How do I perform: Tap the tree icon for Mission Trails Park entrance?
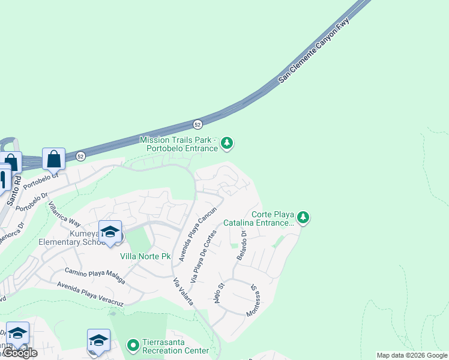227,143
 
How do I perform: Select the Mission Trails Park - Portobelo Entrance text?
178,144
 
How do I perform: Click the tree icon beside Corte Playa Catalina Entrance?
304,217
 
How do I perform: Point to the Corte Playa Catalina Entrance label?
258,218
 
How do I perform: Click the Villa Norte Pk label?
146,256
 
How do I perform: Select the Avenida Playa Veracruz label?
89,294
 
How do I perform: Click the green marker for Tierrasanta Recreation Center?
133,345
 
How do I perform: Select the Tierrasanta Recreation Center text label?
176,346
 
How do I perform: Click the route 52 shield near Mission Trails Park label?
197,124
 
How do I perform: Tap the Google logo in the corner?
19,353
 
